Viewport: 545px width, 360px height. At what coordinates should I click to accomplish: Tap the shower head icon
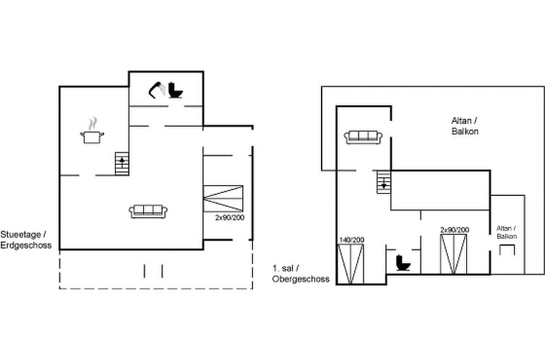click(x=156, y=90)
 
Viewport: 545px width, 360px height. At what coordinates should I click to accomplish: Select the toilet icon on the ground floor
click(x=175, y=90)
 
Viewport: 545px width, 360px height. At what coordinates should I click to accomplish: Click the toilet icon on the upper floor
click(x=403, y=262)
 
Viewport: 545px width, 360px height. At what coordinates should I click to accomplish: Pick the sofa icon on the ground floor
click(x=148, y=211)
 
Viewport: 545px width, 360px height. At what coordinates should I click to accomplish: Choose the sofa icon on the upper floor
click(x=363, y=137)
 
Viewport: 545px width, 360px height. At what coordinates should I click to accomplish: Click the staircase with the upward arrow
click(x=122, y=163)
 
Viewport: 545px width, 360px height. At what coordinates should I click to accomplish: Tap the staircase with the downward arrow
click(x=384, y=182)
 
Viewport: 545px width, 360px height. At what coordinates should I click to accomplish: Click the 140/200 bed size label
click(x=351, y=240)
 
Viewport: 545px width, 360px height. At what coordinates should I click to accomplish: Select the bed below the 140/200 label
click(x=351, y=264)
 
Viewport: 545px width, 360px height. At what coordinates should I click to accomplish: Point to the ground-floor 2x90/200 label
click(x=229, y=218)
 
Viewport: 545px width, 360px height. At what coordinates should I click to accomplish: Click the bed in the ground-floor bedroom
click(x=223, y=198)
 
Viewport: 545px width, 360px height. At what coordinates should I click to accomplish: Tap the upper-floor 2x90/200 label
click(x=454, y=230)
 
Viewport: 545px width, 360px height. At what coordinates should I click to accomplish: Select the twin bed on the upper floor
click(x=453, y=254)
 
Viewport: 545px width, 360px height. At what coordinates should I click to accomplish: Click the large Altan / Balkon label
click(x=465, y=126)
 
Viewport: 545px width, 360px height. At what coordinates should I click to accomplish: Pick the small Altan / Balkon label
click(x=507, y=232)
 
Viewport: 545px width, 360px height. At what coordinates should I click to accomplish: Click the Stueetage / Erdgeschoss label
click(x=26, y=240)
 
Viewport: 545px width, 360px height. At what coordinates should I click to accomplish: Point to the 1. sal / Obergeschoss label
click(x=301, y=273)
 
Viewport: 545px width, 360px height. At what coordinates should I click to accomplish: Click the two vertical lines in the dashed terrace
click(x=153, y=271)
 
